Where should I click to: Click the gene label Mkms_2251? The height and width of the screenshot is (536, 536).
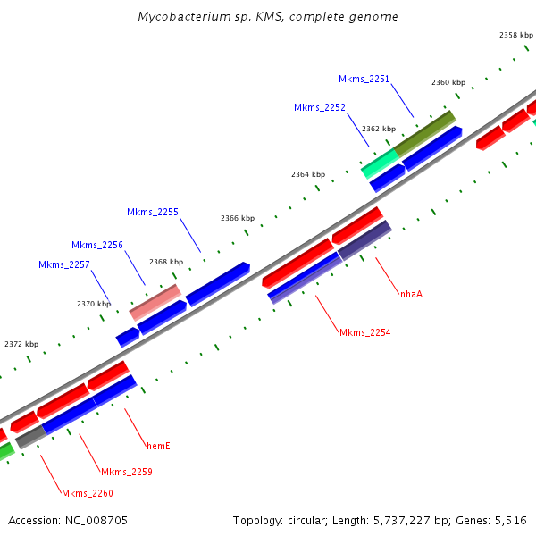(364, 79)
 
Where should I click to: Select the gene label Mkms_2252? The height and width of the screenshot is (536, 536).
(319, 107)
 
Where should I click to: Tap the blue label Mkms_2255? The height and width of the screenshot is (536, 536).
(152, 212)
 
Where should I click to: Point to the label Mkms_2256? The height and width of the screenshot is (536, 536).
(96, 245)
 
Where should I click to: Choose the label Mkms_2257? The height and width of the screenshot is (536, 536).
(63, 264)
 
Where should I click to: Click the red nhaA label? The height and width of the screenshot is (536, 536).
(411, 293)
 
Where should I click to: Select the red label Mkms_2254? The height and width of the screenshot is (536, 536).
(364, 332)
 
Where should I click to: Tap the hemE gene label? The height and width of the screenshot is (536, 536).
(158, 444)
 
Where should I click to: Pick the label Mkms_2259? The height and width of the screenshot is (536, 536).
(126, 472)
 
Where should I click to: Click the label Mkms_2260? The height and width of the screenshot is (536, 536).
(87, 493)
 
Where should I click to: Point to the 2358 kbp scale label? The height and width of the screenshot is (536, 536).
(515, 35)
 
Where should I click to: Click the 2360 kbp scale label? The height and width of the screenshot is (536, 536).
(448, 82)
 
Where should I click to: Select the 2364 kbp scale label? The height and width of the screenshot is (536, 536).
(308, 174)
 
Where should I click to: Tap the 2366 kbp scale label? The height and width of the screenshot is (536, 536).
(238, 218)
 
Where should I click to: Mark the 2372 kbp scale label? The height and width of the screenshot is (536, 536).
(21, 344)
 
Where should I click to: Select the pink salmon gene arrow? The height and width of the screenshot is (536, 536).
(155, 302)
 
